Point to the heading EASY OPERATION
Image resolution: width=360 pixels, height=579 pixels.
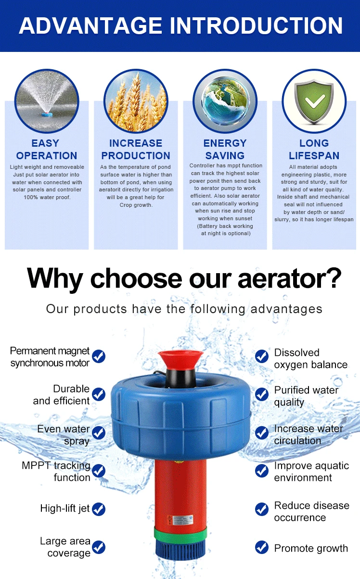point(47,150)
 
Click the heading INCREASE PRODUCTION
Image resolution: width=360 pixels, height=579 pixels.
point(136,150)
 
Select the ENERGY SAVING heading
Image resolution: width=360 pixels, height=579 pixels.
point(225,150)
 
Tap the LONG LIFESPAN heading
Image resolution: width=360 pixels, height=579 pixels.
point(314,150)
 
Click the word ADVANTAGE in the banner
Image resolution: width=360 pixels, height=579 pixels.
point(91,25)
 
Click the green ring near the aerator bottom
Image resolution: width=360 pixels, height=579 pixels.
point(180,534)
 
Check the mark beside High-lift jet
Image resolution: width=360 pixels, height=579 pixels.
point(99,509)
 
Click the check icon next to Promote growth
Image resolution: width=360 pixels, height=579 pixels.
point(262,547)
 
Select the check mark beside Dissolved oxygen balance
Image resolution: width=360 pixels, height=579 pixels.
point(262,356)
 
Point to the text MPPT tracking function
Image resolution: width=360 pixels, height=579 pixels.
point(56,471)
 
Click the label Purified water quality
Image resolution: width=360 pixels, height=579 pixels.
point(306,396)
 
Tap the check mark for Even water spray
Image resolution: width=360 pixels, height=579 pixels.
point(99,432)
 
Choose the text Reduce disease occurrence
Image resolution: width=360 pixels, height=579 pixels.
point(311,511)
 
